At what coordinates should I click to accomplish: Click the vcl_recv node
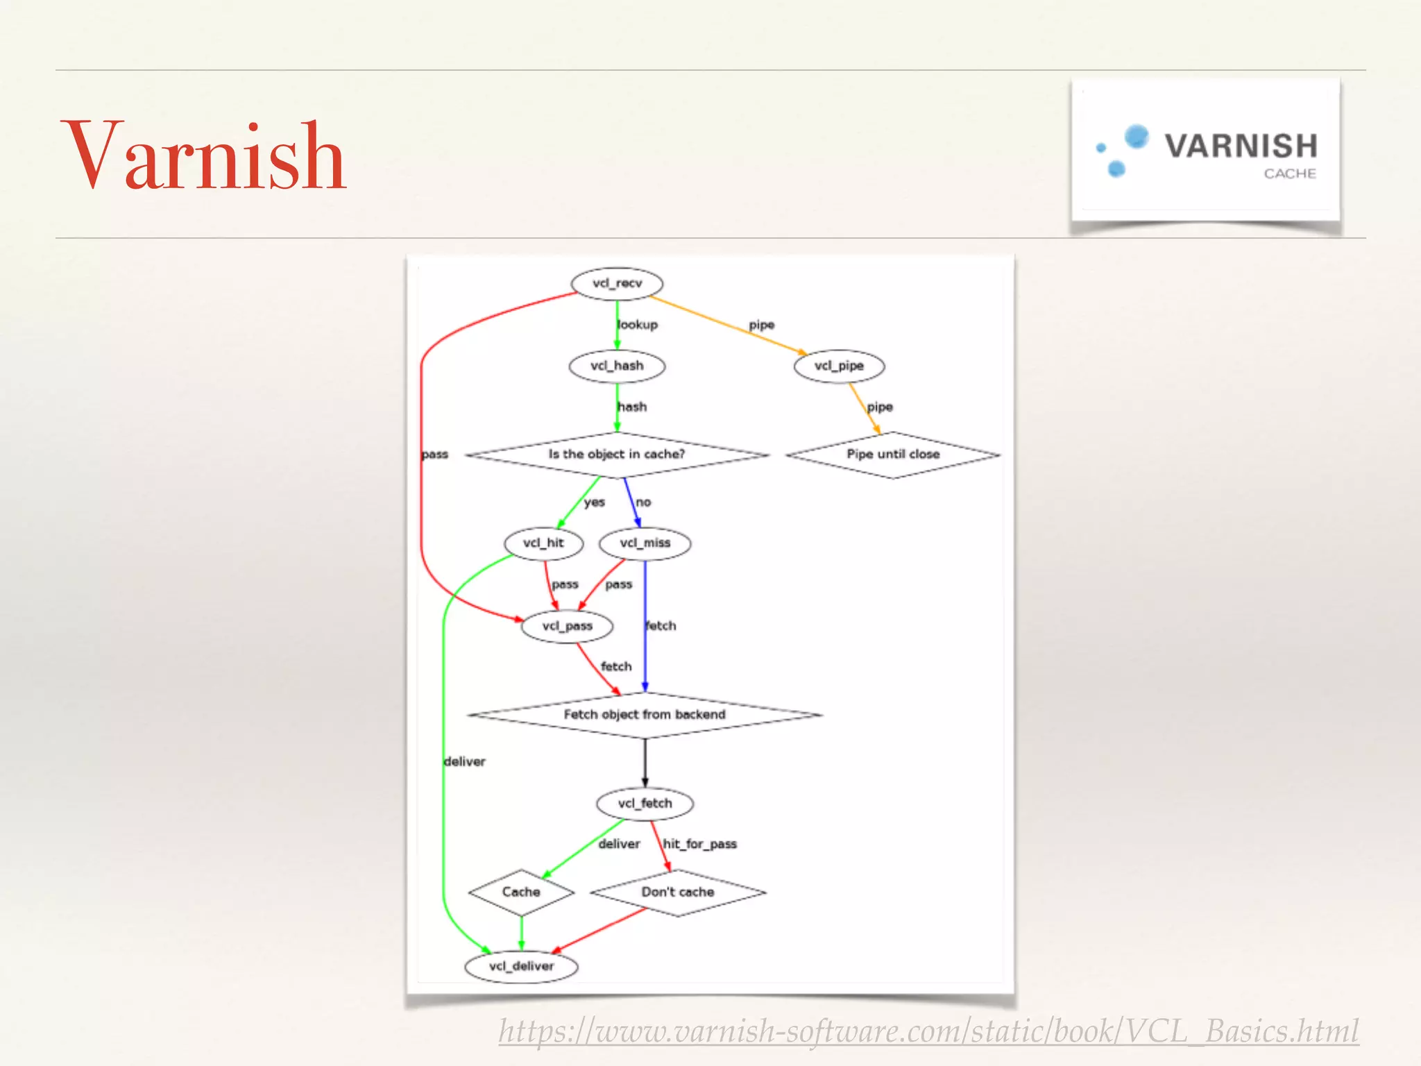(617, 284)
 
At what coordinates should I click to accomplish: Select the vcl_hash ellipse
(617, 366)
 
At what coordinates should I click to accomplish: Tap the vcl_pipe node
(839, 366)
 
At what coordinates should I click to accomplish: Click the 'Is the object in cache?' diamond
(617, 455)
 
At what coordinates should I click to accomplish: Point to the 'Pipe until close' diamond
(893, 455)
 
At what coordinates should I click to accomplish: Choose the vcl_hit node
(543, 543)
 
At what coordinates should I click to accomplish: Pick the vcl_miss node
(645, 543)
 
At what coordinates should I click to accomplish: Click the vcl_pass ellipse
(568, 627)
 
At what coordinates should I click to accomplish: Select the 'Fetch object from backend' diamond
(645, 715)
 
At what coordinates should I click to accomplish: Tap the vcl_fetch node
(645, 804)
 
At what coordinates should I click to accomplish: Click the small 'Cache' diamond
(521, 892)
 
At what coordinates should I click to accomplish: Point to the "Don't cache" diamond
(678, 892)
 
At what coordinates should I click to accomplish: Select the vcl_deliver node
(521, 967)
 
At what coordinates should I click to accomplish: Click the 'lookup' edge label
(638, 325)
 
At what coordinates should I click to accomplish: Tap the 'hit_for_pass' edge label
(699, 844)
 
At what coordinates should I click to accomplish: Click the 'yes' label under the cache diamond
(594, 502)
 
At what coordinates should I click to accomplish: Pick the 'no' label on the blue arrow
(643, 502)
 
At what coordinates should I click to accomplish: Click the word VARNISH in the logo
(1241, 146)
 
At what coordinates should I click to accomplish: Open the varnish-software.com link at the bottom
(928, 1031)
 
